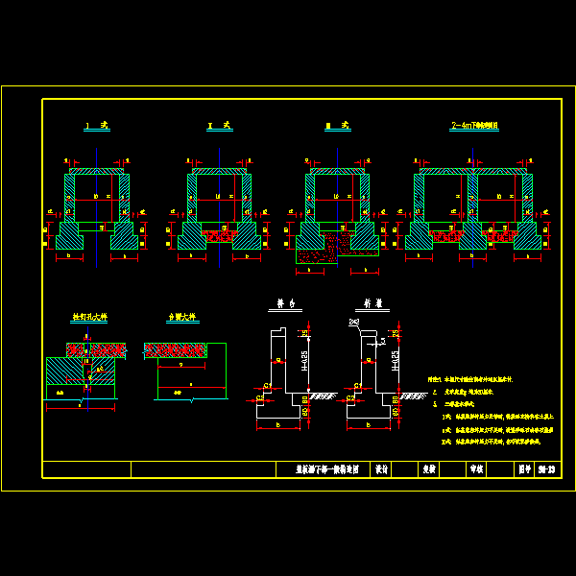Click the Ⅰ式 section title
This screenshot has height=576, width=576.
pos(96,126)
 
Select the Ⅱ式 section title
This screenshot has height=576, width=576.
pos(219,126)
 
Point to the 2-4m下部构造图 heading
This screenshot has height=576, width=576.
pos(473,126)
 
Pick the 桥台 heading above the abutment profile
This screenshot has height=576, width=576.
pos(286,304)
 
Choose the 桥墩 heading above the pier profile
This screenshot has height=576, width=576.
pos(372,304)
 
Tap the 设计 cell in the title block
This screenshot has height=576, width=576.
pos(380,469)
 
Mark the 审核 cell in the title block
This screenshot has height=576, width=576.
pos(476,469)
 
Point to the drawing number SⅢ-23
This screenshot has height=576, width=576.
pos(548,469)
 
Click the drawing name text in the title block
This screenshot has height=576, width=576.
pos(325,469)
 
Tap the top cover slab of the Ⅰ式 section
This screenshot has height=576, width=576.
pos(96,171)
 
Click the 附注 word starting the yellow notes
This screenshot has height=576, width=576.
pos(437,380)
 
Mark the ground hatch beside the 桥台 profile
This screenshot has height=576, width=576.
pos(323,396)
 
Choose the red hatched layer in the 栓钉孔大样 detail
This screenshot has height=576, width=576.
pos(96,349)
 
